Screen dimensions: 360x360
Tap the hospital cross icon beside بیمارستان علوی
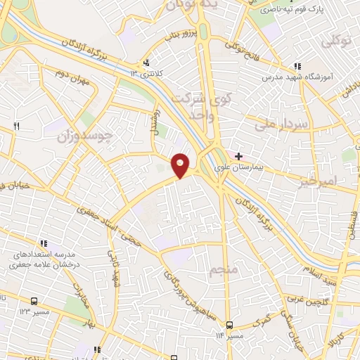click(238, 155)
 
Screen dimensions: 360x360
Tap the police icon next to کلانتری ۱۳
click(146, 62)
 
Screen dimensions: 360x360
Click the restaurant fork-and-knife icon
click(17, 125)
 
